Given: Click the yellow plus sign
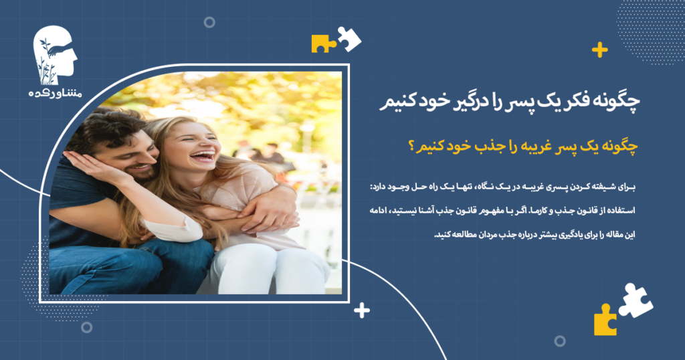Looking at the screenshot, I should coord(599,50).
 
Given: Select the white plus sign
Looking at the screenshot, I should coord(362,310).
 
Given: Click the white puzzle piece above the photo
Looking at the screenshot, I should coord(349,38).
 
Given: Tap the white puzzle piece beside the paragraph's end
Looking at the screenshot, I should coord(635,299).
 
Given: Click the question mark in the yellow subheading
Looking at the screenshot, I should coord(409,147).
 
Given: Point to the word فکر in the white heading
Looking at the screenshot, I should coord(561,102).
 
